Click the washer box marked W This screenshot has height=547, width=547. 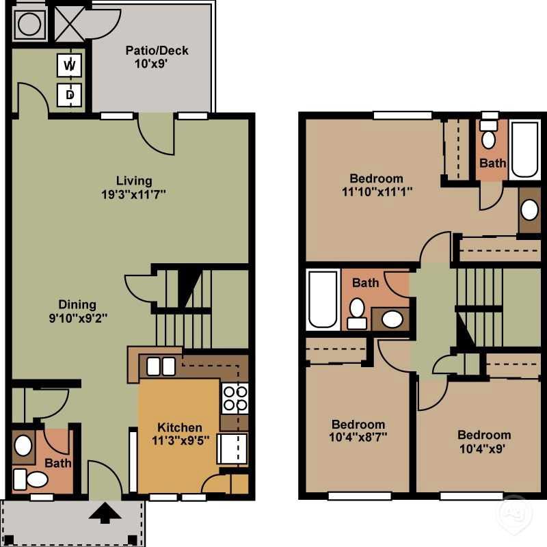[69, 65]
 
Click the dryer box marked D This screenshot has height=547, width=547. [69, 94]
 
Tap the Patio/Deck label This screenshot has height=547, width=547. [157, 51]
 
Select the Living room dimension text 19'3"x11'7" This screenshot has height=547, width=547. [133, 194]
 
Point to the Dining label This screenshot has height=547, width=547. [77, 304]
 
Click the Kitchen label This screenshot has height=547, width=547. [180, 427]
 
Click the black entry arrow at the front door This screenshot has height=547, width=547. [105, 513]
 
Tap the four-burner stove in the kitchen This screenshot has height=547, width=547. [234, 399]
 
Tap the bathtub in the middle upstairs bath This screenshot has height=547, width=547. [323, 299]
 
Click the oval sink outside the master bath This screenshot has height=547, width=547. [529, 210]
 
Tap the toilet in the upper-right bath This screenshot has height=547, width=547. [488, 137]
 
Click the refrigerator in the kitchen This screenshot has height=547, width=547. [232, 448]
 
